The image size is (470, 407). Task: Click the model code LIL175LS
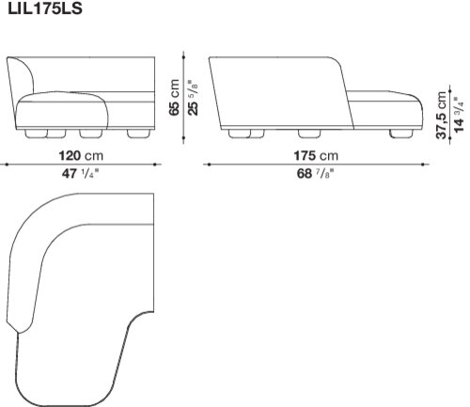(x=45, y=8)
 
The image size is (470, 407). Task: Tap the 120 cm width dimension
(x=81, y=156)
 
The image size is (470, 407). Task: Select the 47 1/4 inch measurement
(x=80, y=173)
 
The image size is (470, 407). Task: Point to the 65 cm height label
(x=174, y=98)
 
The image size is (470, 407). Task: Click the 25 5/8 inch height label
(x=194, y=98)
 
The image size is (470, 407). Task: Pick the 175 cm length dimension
(x=316, y=156)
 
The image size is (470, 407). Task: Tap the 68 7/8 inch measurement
(x=316, y=173)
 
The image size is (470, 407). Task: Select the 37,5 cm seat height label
(x=441, y=115)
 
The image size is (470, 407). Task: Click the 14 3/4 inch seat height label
(x=459, y=115)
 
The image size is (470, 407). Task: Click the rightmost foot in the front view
(x=139, y=133)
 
